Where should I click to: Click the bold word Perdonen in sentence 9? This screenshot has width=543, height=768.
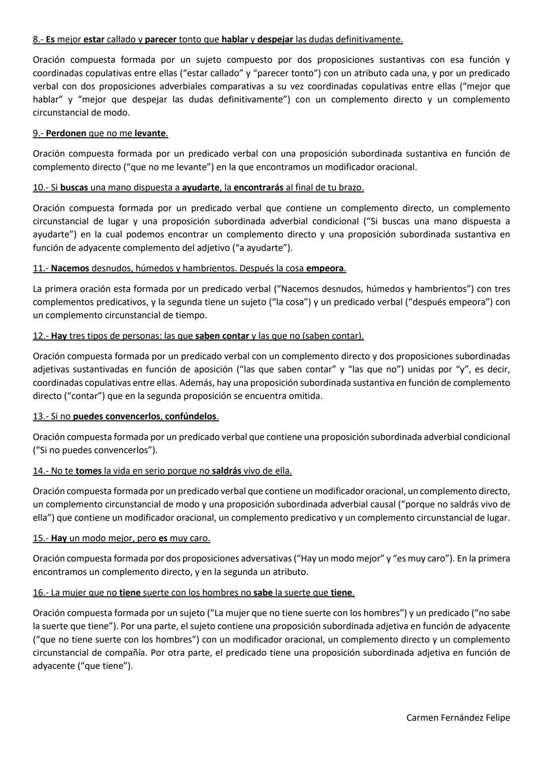tap(66, 133)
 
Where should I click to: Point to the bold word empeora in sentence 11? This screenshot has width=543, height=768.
tap(325, 268)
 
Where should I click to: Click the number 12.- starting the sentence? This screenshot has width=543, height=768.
tap(41, 335)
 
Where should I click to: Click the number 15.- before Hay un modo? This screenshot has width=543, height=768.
tap(41, 538)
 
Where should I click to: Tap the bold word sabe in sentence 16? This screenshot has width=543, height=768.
tap(263, 592)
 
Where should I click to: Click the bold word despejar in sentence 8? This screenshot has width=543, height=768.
tap(275, 39)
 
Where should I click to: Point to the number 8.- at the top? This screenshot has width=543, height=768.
tap(38, 39)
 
